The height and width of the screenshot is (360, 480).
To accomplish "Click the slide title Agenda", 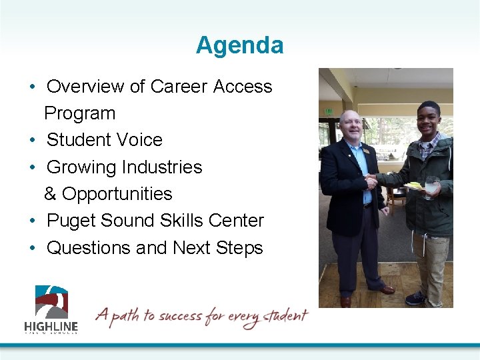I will [239, 45].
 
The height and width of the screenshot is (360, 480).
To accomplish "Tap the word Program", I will [79, 113].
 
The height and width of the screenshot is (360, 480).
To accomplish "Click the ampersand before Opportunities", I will [50, 194].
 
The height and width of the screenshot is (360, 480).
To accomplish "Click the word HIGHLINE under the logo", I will [51, 326].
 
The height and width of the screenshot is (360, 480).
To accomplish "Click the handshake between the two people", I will [371, 181].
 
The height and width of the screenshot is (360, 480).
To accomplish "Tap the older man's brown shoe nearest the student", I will [386, 289].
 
